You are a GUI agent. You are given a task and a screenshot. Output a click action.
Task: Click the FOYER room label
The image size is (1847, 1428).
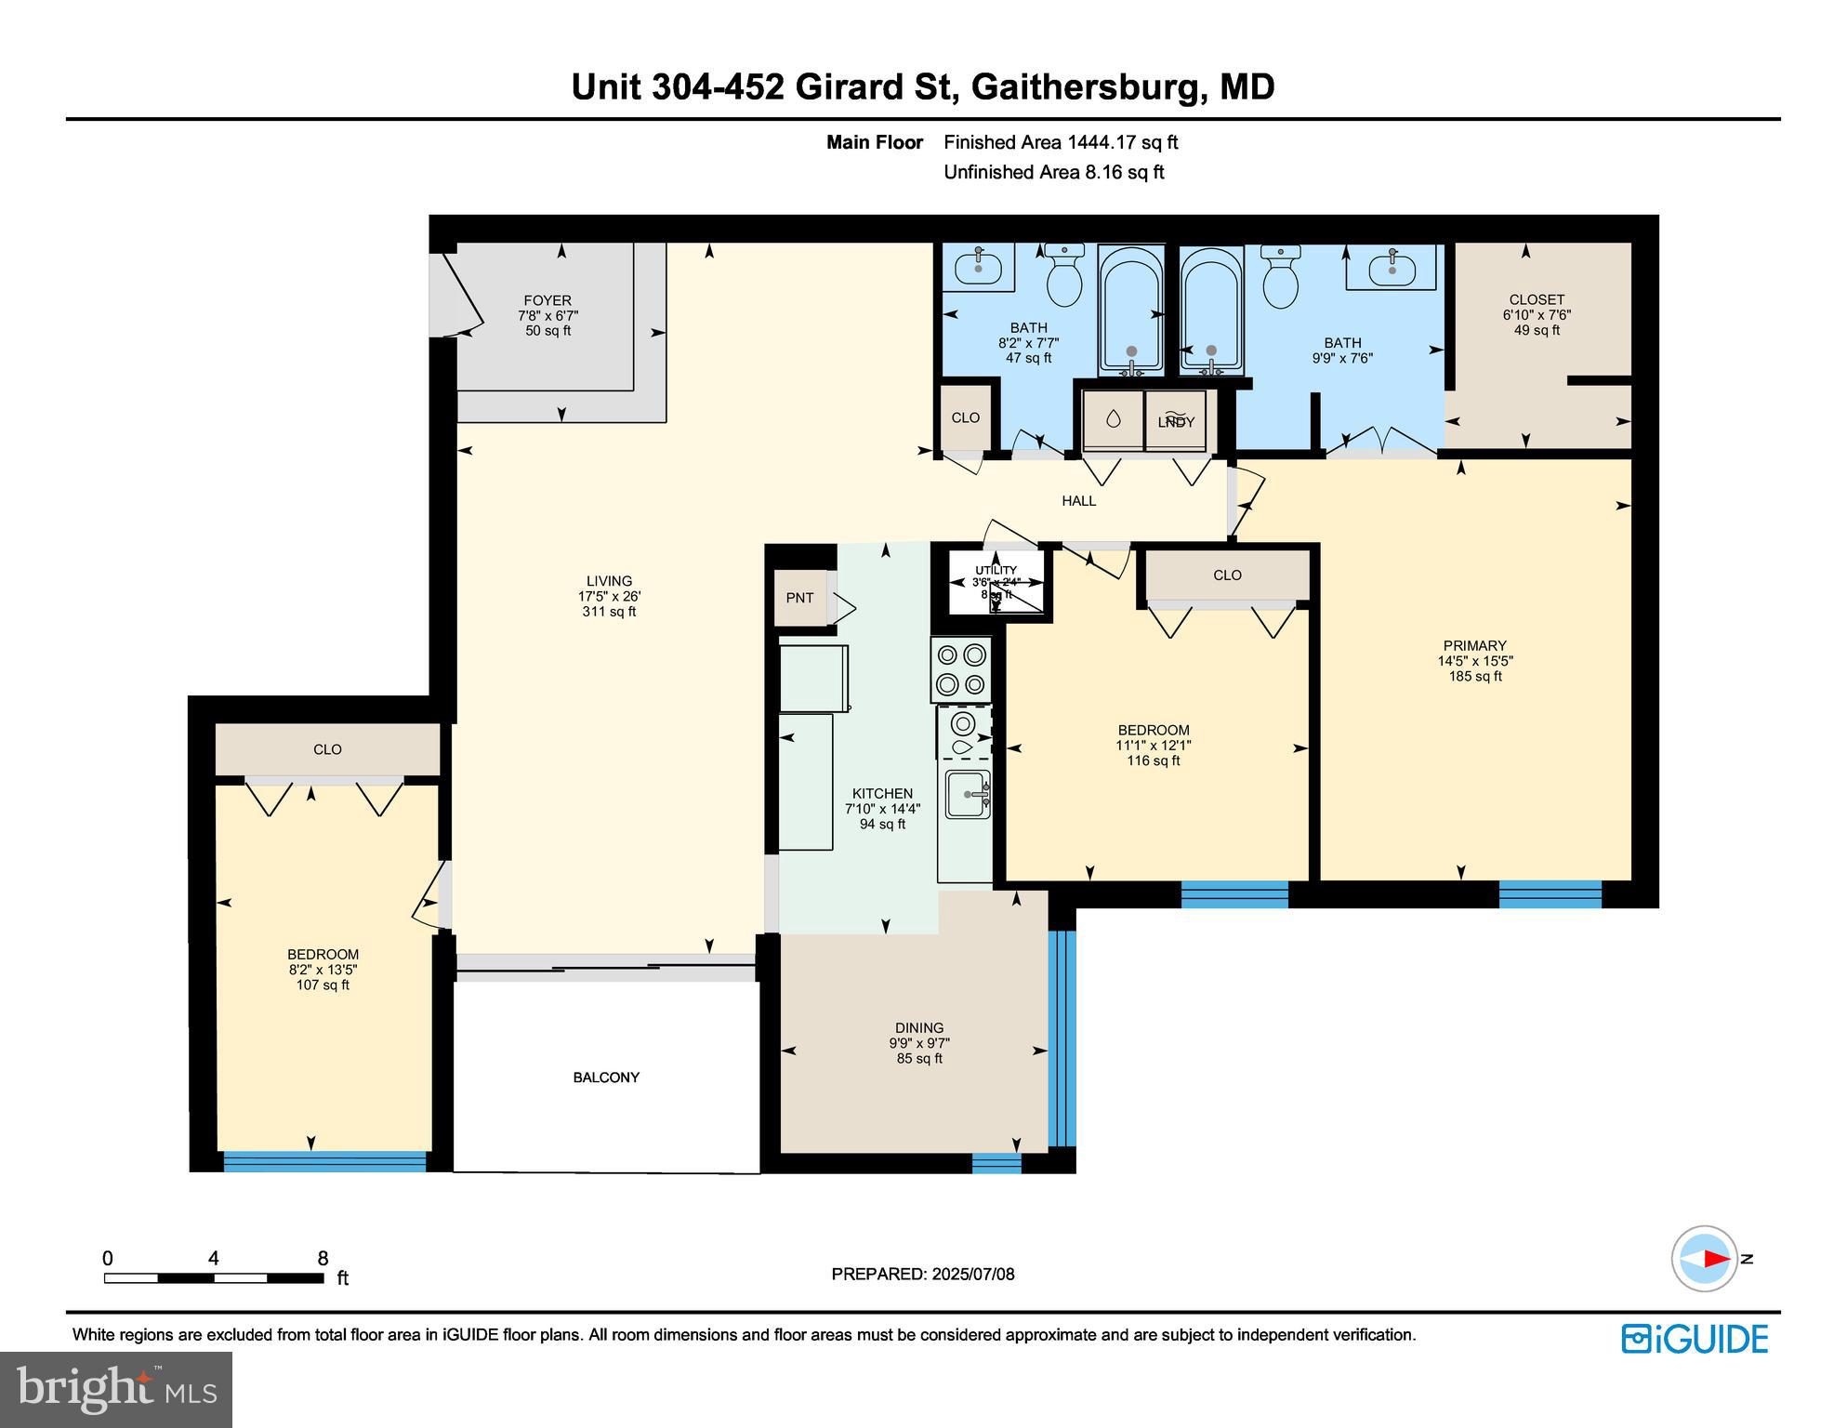pos(547,300)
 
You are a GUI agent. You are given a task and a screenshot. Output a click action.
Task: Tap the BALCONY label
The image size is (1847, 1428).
pos(606,1078)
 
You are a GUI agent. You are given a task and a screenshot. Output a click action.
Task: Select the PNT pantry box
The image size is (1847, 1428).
pos(799,598)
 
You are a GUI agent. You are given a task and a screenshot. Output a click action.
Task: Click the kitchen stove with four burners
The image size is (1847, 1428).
pos(961,670)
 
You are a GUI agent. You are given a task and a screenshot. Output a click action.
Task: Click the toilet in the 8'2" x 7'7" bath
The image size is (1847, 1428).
pos(1064,277)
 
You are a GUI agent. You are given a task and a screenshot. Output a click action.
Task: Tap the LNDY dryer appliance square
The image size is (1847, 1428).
pos(1175,421)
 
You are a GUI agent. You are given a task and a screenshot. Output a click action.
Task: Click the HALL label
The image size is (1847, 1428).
pos(1078,501)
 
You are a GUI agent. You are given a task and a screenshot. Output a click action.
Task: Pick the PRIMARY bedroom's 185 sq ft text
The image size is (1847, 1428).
pos(1474,676)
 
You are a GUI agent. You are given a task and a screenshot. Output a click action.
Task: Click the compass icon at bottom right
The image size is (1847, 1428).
pos(1705,1259)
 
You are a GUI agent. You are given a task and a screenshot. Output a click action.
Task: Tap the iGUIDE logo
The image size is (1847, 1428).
pos(1695,1339)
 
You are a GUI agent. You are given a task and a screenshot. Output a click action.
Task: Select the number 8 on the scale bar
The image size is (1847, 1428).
pos(323,1259)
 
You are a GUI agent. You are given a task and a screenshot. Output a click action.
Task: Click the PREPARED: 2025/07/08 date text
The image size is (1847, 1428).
pos(922,1275)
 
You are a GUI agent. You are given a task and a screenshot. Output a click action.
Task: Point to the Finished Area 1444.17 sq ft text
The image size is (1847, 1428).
pos(1060,142)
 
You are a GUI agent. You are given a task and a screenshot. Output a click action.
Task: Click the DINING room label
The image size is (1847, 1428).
pos(918,1027)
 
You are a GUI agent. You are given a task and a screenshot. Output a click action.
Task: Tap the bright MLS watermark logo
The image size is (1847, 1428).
pos(116,1390)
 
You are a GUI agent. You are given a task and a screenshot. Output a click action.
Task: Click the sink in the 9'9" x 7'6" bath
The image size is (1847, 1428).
pos(1392,268)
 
